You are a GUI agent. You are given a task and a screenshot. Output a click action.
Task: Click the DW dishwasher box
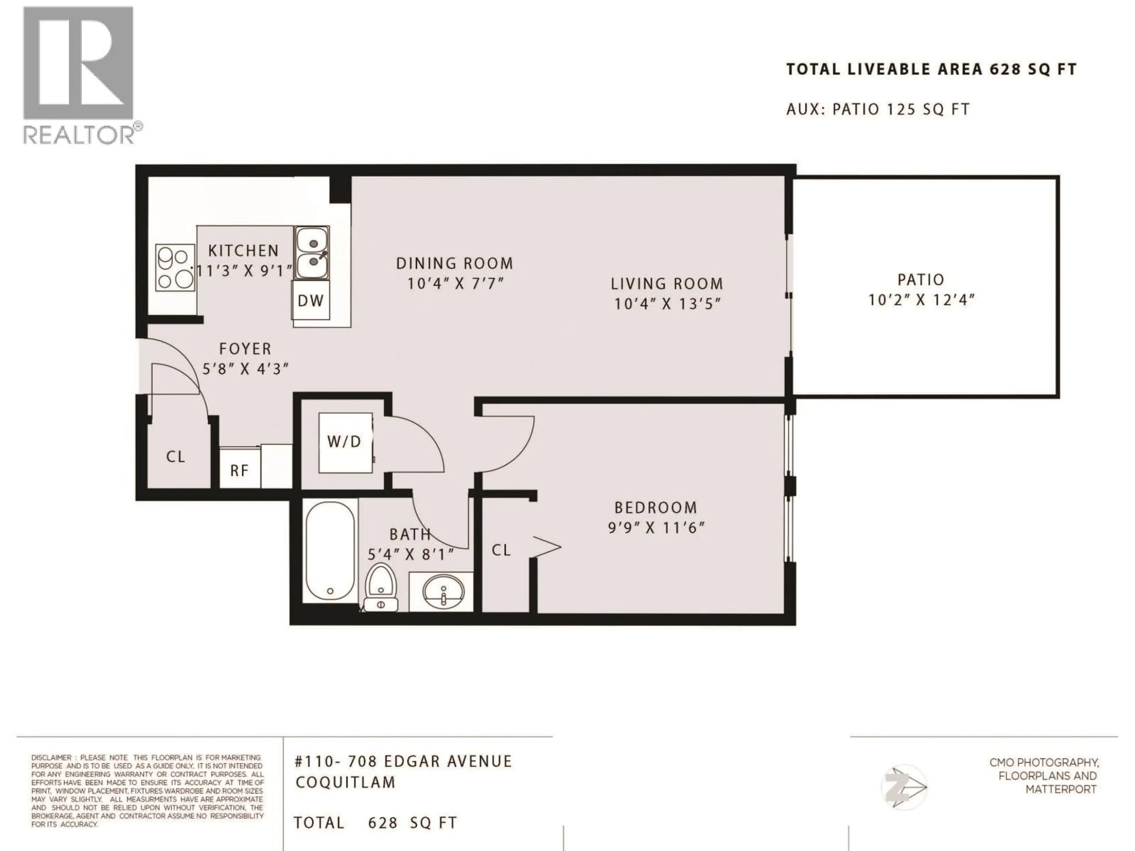[311, 301]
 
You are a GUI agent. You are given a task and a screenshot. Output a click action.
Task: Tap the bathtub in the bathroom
[330, 551]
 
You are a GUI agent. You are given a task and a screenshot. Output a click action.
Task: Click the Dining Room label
[455, 264]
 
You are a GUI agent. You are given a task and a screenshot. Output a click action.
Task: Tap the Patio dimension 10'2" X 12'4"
[921, 300]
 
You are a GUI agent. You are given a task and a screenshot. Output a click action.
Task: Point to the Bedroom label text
[656, 508]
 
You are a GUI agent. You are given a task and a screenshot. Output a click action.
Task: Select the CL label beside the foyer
[176, 457]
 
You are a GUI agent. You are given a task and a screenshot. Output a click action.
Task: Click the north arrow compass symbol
[905, 787]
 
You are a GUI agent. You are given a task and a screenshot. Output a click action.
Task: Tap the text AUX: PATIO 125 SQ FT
[878, 109]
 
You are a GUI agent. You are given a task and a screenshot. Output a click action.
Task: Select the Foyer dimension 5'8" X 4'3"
[245, 369]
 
